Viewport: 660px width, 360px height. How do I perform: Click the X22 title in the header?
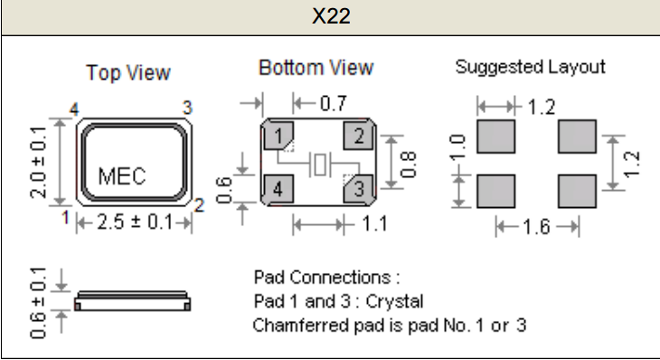click(x=331, y=16)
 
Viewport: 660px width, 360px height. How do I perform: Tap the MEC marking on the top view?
click(x=122, y=175)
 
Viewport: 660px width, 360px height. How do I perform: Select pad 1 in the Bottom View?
click(x=278, y=136)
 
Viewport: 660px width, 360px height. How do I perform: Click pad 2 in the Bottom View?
click(x=358, y=136)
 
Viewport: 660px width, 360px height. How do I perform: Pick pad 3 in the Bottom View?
click(x=359, y=189)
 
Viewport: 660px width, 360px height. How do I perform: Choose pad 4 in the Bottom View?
click(x=278, y=189)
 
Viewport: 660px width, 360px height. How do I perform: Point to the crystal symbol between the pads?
click(x=320, y=164)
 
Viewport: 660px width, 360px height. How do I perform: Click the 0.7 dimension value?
click(x=334, y=103)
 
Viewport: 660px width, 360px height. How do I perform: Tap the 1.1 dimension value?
click(x=374, y=223)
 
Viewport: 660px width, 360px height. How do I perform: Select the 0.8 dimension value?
click(x=408, y=165)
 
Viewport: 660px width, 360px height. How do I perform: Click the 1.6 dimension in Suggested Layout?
click(x=536, y=227)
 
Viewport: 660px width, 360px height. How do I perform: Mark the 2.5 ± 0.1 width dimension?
click(x=135, y=222)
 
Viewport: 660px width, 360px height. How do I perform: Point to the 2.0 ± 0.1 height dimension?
click(x=38, y=162)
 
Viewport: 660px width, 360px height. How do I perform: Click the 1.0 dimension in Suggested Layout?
click(x=457, y=147)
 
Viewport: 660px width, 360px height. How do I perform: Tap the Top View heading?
click(x=128, y=72)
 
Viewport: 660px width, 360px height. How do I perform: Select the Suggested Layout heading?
click(x=531, y=67)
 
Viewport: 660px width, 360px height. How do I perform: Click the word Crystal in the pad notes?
click(x=394, y=301)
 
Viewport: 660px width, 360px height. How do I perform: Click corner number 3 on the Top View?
click(x=188, y=108)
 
